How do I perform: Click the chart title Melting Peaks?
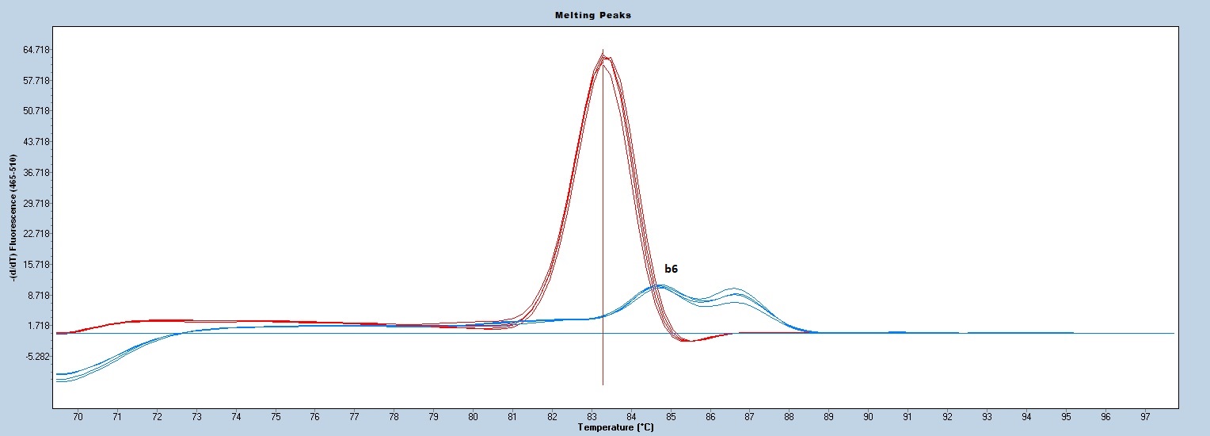click(592, 15)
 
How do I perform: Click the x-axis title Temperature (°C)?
click(615, 427)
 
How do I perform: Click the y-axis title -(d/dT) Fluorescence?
click(13, 217)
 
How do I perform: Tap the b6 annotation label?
click(671, 269)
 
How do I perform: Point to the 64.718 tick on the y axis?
click(36, 50)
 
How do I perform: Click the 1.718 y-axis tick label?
click(39, 326)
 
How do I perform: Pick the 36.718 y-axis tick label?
click(36, 173)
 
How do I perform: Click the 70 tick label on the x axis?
click(78, 417)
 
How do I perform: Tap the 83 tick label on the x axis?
click(592, 417)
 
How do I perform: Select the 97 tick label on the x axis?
click(1145, 417)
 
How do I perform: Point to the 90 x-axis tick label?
click(868, 417)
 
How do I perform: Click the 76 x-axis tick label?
click(315, 417)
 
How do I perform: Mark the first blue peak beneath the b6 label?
click(660, 286)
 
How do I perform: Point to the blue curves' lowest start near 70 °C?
click(59, 381)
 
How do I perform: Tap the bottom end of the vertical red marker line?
click(603, 384)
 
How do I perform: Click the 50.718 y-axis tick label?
click(36, 111)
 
